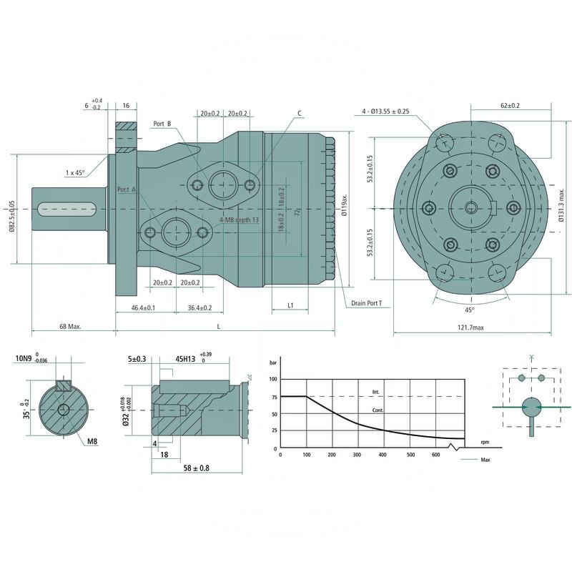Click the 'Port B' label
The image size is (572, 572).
[x=162, y=124]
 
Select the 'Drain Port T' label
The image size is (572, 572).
[x=366, y=303]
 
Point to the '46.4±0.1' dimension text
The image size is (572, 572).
[x=144, y=307]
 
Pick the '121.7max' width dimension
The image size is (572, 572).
[x=469, y=327]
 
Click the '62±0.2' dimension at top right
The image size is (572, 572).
[x=510, y=105]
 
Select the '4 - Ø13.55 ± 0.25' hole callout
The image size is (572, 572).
[x=385, y=111]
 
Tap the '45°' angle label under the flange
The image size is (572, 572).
[x=470, y=310]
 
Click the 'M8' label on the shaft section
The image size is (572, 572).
[x=92, y=442]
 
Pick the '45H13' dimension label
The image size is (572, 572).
[x=187, y=360]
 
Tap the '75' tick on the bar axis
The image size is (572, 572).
[x=273, y=396]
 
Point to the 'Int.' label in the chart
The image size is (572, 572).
[x=375, y=392]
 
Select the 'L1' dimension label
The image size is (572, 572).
[x=291, y=305]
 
